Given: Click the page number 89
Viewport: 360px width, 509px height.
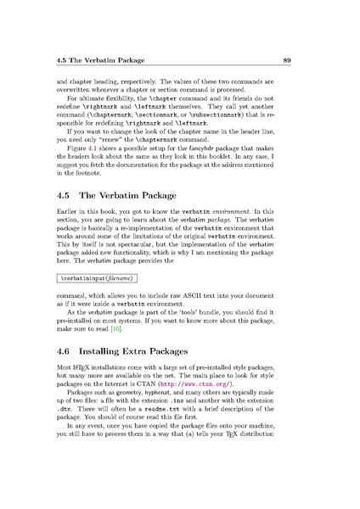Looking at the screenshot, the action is click(312, 60).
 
